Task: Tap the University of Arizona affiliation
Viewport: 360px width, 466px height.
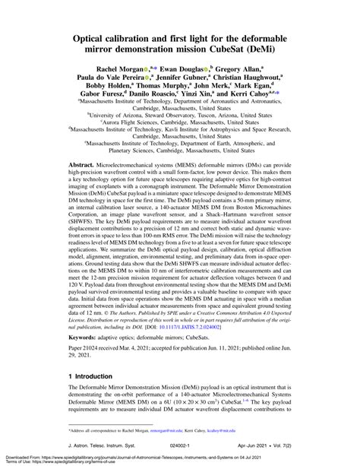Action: click(180, 117)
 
